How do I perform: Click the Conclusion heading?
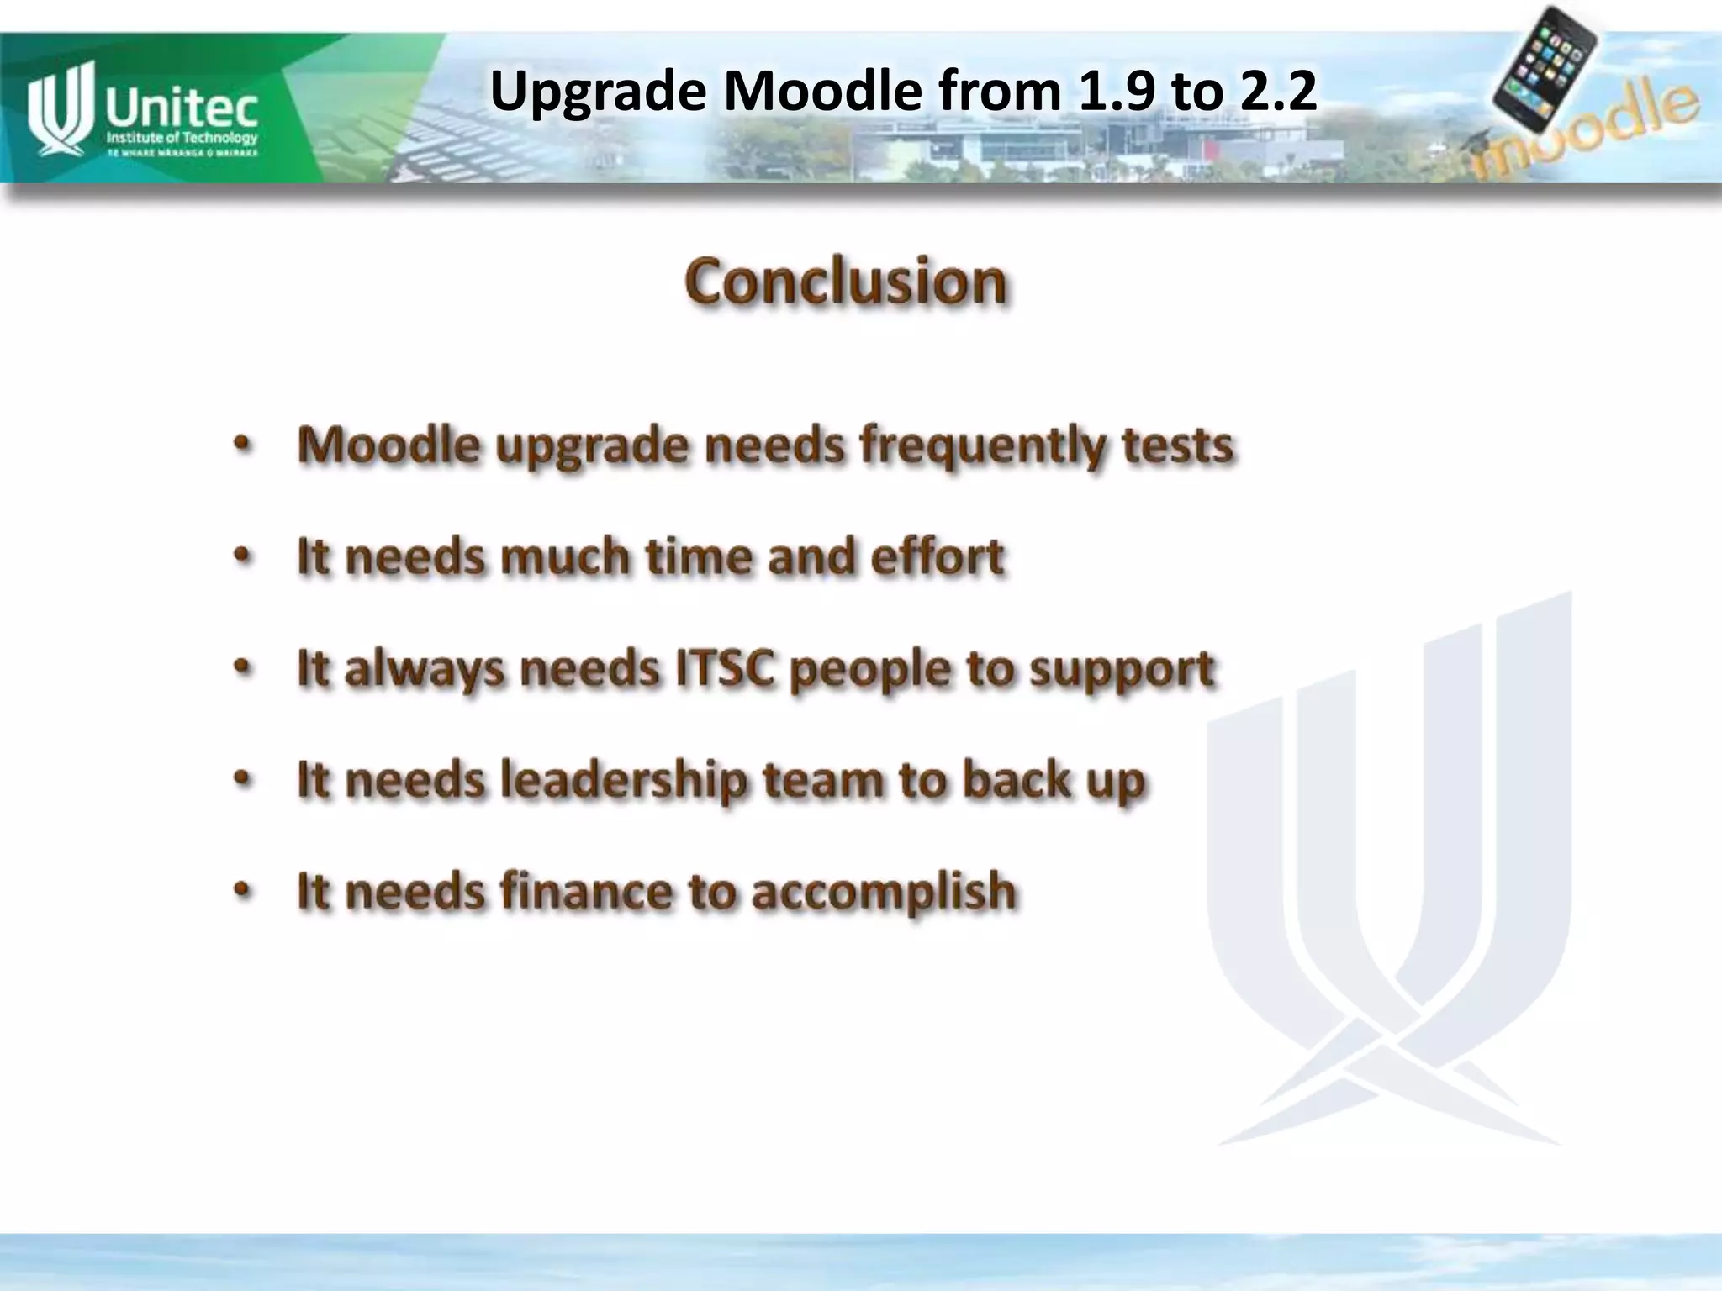click(845, 282)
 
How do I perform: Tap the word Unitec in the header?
click(181, 108)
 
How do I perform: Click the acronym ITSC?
click(725, 668)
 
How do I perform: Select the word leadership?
click(623, 780)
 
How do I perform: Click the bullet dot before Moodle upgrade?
click(242, 444)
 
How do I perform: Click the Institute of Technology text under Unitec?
click(182, 138)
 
